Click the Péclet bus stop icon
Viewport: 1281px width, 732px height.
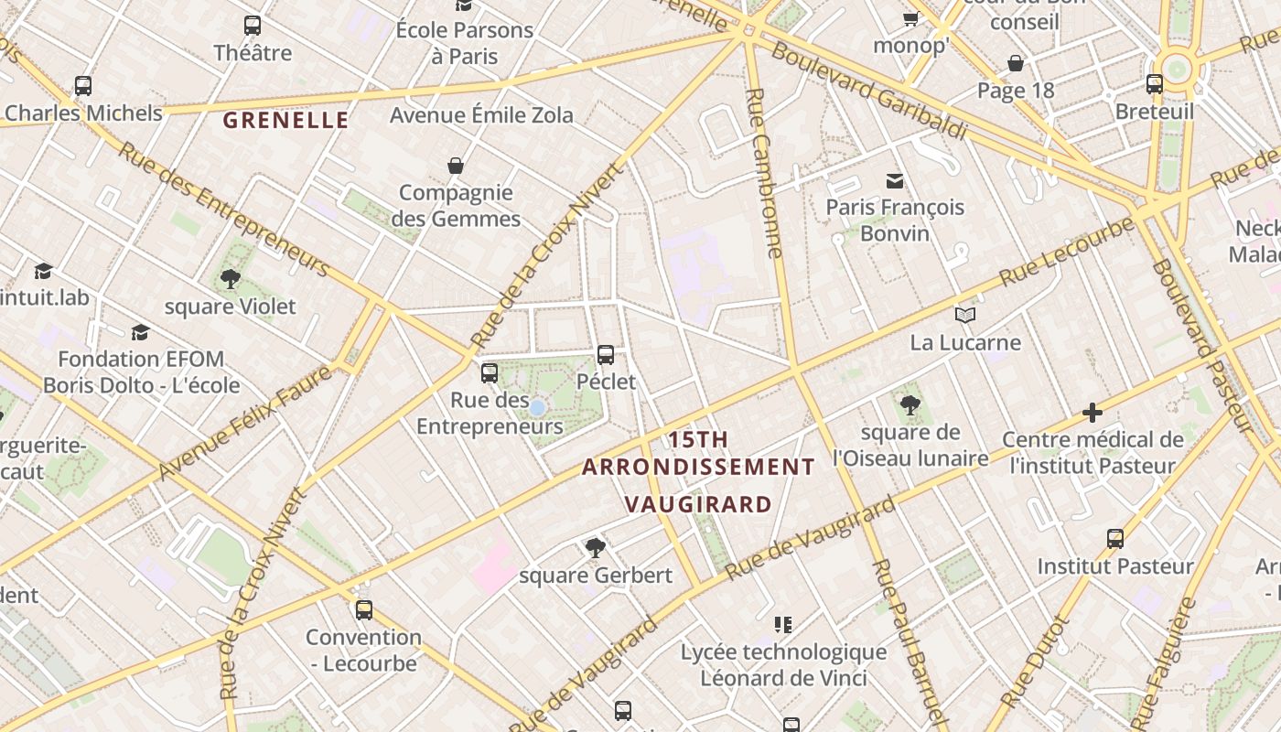[x=605, y=355]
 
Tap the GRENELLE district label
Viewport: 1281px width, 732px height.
[x=285, y=120]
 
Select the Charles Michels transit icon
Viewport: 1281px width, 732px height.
[x=83, y=86]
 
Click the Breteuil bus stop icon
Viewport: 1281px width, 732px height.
[x=1155, y=84]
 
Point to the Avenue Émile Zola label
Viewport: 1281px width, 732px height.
[x=481, y=115]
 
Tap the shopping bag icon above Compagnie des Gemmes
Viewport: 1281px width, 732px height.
[x=455, y=166]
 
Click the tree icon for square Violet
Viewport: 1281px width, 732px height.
[x=231, y=278]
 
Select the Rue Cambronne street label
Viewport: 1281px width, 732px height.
[x=765, y=173]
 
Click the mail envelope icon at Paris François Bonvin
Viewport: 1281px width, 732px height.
[x=894, y=181]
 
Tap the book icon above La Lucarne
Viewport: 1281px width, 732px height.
[x=964, y=316]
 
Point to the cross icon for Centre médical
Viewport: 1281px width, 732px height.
[x=1092, y=413]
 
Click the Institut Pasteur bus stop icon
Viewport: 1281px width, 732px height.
[x=1114, y=539]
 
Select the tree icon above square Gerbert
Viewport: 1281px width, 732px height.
[x=595, y=548]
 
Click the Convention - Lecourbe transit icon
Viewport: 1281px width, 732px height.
[x=364, y=609]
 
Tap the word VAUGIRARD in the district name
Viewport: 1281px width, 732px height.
[x=698, y=504]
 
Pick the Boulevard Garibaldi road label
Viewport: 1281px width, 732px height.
[x=868, y=90]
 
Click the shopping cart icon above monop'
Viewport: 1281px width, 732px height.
[x=910, y=19]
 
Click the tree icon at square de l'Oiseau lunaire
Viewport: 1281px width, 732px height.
[x=910, y=404]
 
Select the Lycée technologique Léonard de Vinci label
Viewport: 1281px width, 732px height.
[x=783, y=665]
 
